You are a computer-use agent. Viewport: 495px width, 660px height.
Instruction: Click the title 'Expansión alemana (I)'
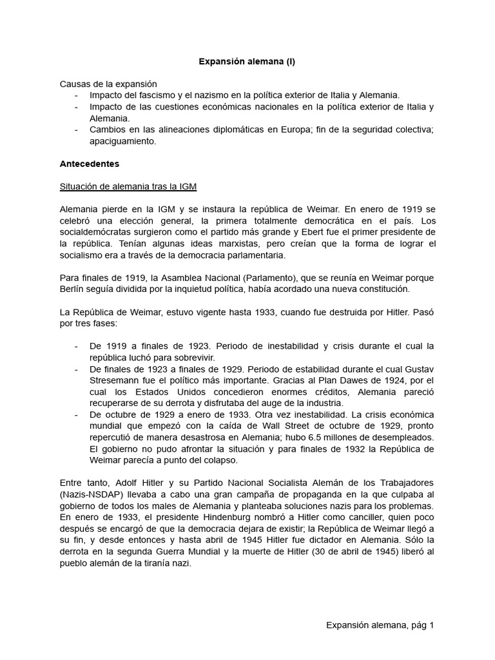coord(247,62)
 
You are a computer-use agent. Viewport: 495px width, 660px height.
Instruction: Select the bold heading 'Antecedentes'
coord(89,164)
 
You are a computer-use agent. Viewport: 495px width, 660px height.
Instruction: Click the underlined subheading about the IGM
coord(128,186)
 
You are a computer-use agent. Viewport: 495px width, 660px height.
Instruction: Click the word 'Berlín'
coord(73,289)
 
